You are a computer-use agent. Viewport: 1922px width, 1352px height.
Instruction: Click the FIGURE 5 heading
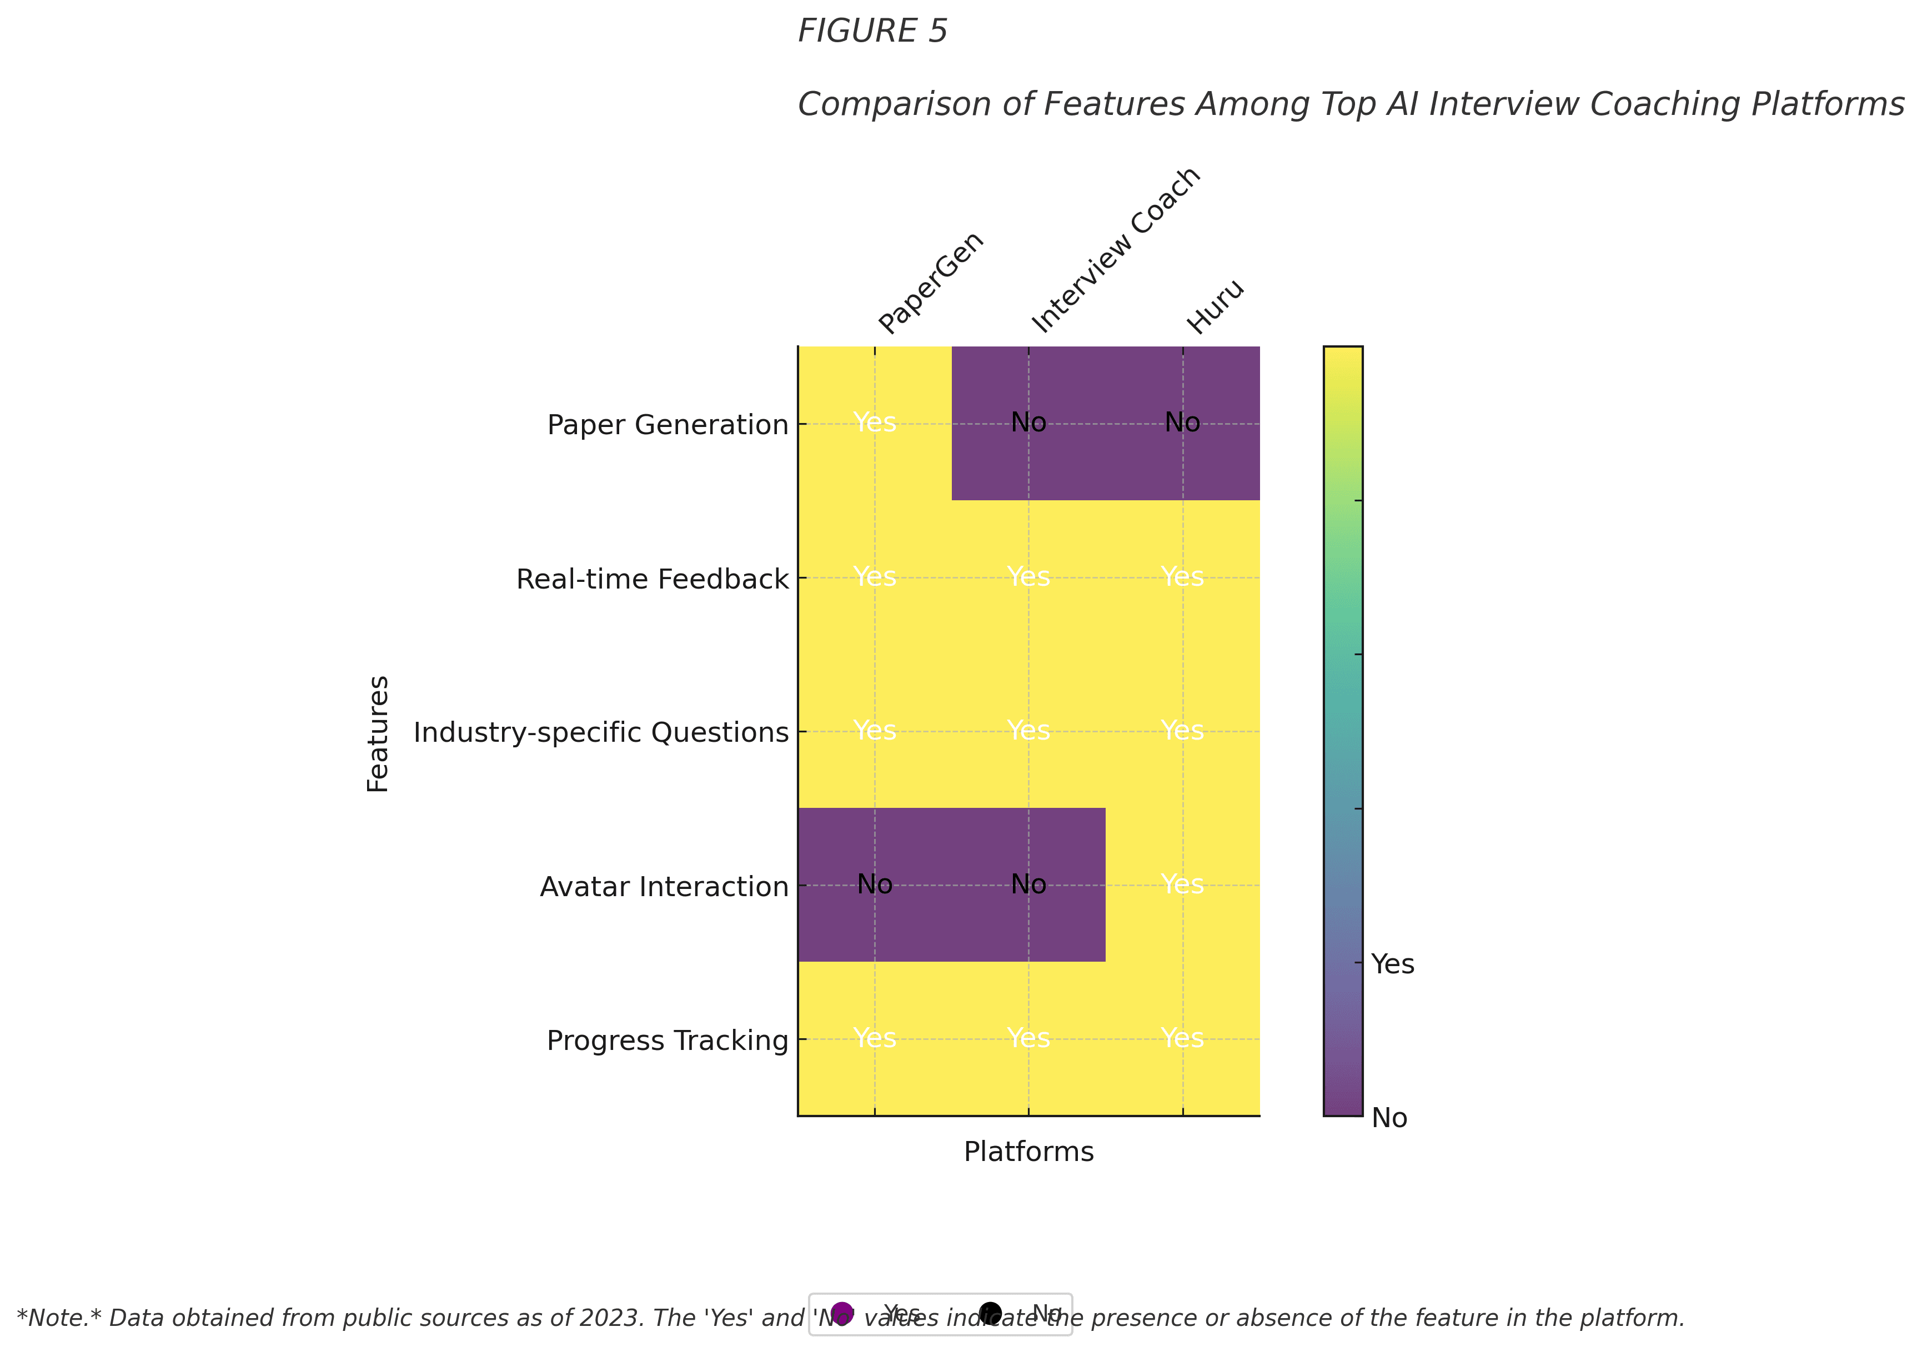[872, 32]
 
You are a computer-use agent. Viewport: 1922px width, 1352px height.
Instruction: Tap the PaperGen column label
[931, 283]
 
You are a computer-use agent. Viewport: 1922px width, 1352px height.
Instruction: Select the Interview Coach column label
[1116, 250]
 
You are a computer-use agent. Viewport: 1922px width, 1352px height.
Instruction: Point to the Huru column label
[1216, 307]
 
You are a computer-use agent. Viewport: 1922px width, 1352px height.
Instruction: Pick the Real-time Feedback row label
[652, 579]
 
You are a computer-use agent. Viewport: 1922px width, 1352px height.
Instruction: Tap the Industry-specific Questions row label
[601, 732]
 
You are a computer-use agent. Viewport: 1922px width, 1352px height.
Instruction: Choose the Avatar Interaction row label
[664, 887]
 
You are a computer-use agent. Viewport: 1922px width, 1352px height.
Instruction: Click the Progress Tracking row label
[667, 1041]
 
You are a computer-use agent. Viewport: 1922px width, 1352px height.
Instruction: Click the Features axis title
[378, 733]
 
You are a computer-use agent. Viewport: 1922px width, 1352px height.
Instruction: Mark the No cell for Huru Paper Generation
[1182, 423]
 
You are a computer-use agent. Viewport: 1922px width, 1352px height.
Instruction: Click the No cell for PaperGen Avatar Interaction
[875, 885]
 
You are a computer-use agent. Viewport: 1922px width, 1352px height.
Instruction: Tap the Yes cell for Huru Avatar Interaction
[1182, 885]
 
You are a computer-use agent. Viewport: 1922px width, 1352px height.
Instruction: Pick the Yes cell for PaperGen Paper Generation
[875, 423]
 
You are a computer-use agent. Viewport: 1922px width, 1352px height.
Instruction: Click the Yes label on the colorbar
[1392, 964]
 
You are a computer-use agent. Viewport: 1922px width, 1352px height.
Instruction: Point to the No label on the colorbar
[1389, 1118]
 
